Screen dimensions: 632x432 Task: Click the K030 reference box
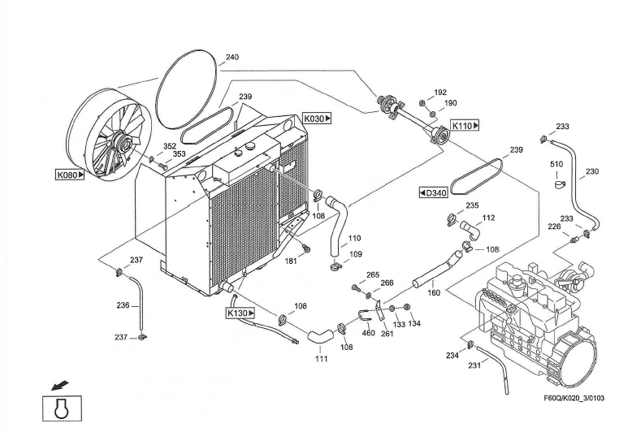pos(317,119)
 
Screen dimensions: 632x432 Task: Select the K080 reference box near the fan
pos(70,175)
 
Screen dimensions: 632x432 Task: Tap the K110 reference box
pos(465,126)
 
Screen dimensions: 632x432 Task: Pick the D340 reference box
pos(433,193)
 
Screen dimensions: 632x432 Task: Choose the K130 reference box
pos(240,313)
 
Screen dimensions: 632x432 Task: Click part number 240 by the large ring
pos(232,57)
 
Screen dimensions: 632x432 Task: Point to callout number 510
pos(556,164)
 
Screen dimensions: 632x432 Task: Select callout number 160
pos(434,292)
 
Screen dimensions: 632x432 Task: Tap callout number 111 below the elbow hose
pos(321,359)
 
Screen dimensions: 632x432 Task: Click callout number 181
pos(291,261)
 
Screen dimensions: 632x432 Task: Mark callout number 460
pos(369,333)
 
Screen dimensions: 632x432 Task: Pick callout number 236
pos(123,305)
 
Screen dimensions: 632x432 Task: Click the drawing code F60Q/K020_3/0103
pos(574,398)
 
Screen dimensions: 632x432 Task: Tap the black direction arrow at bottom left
pos(60,386)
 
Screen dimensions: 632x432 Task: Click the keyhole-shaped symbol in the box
pos(62,408)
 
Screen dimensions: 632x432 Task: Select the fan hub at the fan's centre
pos(122,142)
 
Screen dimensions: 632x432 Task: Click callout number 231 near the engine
pos(474,365)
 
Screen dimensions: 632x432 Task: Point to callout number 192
pos(440,93)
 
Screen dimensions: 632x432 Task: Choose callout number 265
pos(373,274)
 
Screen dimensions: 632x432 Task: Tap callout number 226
pos(554,227)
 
